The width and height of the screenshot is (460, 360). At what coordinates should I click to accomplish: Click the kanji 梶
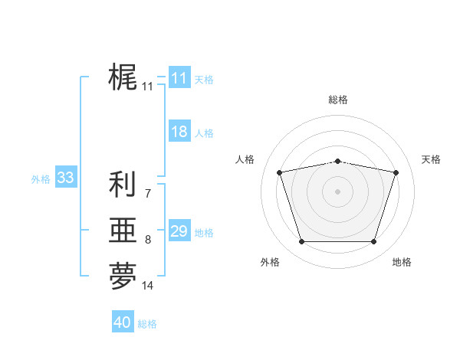[123, 77]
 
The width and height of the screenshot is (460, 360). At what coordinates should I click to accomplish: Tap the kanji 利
[123, 185]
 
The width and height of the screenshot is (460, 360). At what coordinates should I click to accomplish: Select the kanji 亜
[123, 231]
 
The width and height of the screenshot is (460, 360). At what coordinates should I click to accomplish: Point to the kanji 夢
[123, 277]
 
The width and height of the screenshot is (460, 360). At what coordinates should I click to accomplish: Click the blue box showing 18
[179, 132]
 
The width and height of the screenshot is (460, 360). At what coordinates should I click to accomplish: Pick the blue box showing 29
[179, 231]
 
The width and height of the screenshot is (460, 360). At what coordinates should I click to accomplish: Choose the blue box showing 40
[123, 322]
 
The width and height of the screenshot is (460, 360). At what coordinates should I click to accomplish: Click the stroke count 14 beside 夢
[148, 286]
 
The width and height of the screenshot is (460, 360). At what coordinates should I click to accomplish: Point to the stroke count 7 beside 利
[147, 194]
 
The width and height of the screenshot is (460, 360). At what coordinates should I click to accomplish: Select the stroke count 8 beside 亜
[147, 240]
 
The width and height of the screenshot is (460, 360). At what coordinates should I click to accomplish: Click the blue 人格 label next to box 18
[204, 133]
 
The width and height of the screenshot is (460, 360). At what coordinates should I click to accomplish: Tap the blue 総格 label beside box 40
[147, 324]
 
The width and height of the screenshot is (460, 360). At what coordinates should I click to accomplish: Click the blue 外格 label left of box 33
[41, 179]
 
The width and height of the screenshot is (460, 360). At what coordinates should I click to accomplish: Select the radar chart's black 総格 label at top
[337, 100]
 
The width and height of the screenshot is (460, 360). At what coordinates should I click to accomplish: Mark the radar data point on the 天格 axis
[396, 172]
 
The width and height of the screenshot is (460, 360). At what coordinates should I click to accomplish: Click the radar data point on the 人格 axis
[279, 172]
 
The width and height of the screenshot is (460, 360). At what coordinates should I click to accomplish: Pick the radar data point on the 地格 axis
[373, 242]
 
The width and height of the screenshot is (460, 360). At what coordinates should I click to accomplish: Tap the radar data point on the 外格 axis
[301, 242]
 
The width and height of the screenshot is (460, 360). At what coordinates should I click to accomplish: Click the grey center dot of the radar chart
[337, 191]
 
